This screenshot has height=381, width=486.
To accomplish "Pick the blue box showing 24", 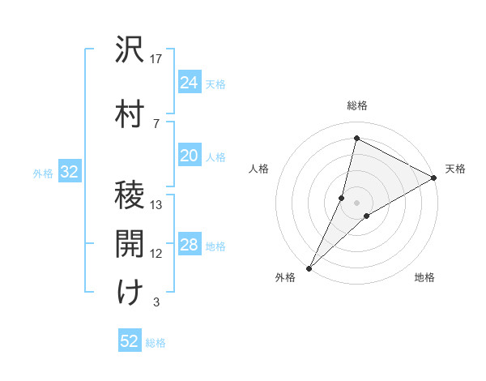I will (x=189, y=83).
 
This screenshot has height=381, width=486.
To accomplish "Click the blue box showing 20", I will (x=189, y=156).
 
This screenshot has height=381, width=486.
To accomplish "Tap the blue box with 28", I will (x=189, y=245).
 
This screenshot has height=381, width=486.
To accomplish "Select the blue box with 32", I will (x=69, y=172).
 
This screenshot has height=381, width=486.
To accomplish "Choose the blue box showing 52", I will (x=130, y=341).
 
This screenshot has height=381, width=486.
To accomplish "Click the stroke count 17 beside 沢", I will (x=157, y=58).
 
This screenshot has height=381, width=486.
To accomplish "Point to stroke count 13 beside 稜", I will (x=157, y=205).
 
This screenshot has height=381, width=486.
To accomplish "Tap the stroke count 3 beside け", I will (x=156, y=302).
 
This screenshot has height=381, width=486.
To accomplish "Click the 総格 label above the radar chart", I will (x=357, y=105).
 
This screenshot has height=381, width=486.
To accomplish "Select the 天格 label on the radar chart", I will (x=455, y=169).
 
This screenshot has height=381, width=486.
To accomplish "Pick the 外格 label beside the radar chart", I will (x=285, y=277).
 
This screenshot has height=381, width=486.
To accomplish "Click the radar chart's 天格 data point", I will (x=434, y=178).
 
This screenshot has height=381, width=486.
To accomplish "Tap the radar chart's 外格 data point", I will (x=309, y=268).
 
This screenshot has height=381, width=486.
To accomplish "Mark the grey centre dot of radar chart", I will (x=356, y=203).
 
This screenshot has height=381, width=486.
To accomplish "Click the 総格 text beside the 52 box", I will (x=156, y=343).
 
